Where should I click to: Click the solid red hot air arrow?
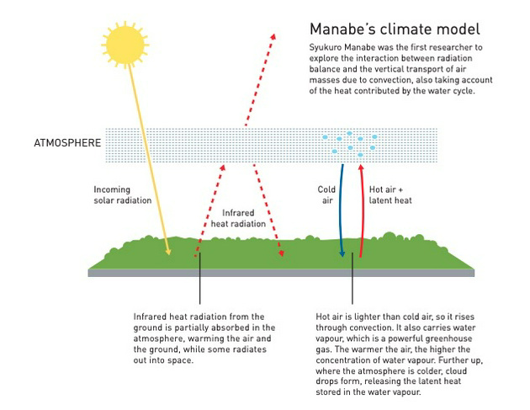click(361, 210)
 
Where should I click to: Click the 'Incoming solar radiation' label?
click(124, 195)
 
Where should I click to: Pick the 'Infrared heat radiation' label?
click(243, 219)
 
